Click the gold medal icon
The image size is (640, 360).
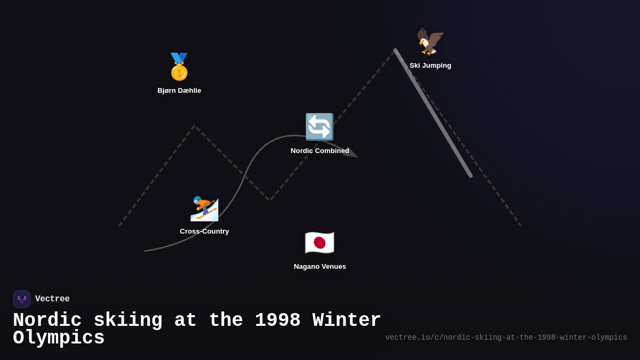click(x=179, y=67)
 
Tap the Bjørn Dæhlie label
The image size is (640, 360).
click(x=179, y=91)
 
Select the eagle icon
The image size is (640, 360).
click(x=430, y=42)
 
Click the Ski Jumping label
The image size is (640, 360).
click(x=430, y=66)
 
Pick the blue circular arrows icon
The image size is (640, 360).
click(x=319, y=127)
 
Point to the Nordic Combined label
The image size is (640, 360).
click(x=320, y=151)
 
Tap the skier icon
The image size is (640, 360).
click(x=204, y=208)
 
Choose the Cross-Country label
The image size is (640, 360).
click(x=204, y=231)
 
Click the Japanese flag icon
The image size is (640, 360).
click(x=319, y=243)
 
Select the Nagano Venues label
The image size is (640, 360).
click(x=320, y=267)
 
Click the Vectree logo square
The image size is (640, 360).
click(x=22, y=299)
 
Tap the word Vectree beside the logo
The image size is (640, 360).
click(x=52, y=299)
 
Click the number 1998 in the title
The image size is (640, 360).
click(x=277, y=321)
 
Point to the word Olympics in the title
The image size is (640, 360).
click(x=59, y=338)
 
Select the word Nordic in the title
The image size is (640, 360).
click(x=47, y=321)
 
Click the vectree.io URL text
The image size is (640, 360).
click(x=506, y=338)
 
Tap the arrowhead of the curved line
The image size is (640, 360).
click(x=353, y=154)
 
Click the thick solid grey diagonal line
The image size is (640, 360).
click(x=433, y=113)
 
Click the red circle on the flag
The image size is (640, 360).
click(x=319, y=243)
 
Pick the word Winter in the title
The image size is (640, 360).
click(x=347, y=321)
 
